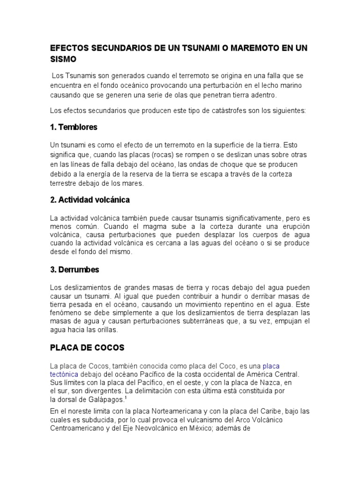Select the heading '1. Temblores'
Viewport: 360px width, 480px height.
click(x=74, y=127)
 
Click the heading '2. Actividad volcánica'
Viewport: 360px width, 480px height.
click(x=90, y=200)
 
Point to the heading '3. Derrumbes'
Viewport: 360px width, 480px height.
click(x=75, y=270)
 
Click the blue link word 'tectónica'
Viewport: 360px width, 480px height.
click(x=64, y=374)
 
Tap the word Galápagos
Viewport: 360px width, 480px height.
click(x=106, y=399)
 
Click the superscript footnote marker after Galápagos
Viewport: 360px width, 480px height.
click(x=126, y=398)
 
